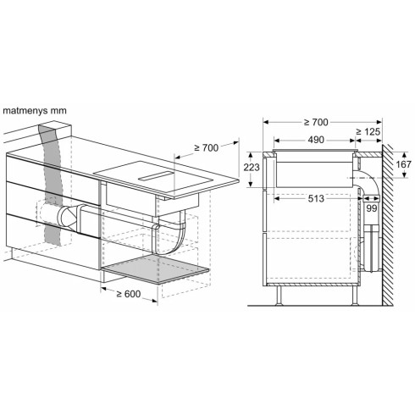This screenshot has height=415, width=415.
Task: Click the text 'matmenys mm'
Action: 36,109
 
